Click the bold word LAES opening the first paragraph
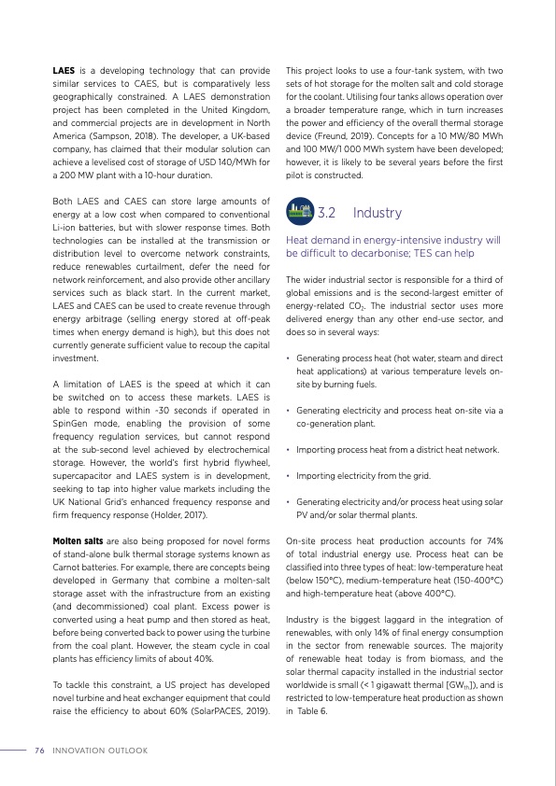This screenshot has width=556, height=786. [x=63, y=71]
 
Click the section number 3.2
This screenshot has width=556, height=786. [x=327, y=213]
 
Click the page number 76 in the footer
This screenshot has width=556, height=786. [x=39, y=751]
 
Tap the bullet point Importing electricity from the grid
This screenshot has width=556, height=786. [x=363, y=476]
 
